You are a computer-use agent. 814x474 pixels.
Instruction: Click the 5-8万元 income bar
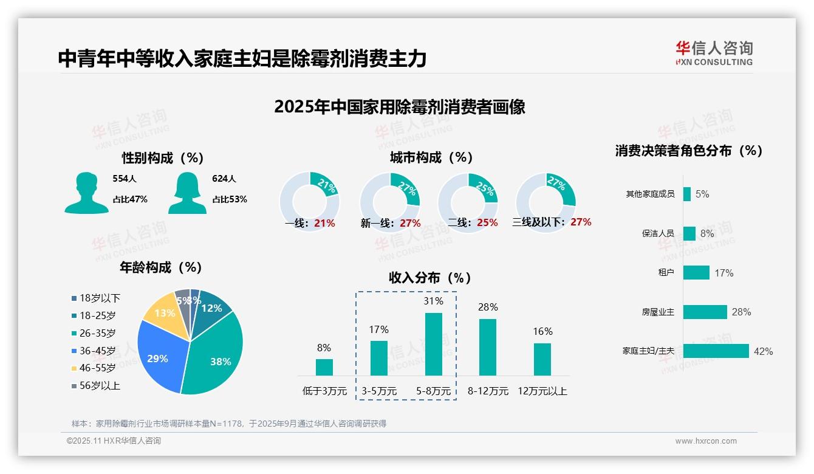pyautogui.click(x=433, y=344)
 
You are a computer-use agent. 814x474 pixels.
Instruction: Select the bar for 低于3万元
pyautogui.click(x=324, y=367)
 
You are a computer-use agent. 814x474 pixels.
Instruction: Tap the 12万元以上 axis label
pyautogui.click(x=542, y=391)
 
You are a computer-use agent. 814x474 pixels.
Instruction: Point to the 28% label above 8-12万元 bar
pyautogui.click(x=488, y=307)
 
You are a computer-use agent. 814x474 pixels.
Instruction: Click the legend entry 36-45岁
pyautogui.click(x=97, y=351)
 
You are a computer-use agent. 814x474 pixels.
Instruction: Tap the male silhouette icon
pyautogui.click(x=86, y=193)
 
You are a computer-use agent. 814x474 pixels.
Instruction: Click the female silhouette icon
pyautogui.click(x=187, y=193)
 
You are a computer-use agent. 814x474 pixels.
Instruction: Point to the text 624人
pyautogui.click(x=224, y=179)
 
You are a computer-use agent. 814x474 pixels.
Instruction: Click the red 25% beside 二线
pyautogui.click(x=487, y=223)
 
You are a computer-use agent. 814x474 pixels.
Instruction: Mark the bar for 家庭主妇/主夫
pyautogui.click(x=716, y=351)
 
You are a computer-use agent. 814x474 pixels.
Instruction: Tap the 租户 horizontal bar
pyautogui.click(x=696, y=272)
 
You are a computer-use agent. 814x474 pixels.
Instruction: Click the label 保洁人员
pyautogui.click(x=658, y=233)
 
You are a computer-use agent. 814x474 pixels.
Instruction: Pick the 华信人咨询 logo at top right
pyautogui.click(x=714, y=53)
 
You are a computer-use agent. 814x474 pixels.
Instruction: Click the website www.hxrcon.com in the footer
pyautogui.click(x=705, y=441)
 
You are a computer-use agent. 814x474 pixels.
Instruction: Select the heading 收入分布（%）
pyautogui.click(x=430, y=278)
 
